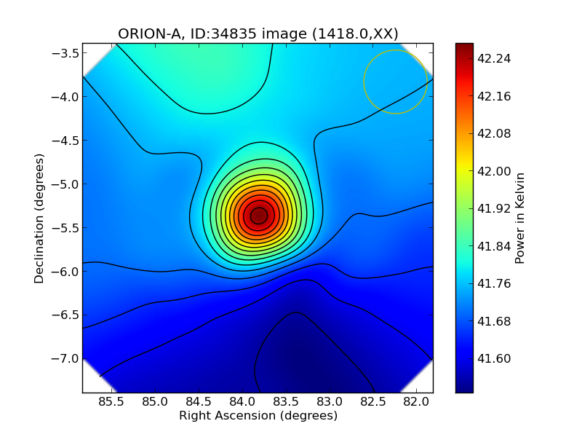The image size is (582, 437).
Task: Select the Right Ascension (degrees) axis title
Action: pos(258,416)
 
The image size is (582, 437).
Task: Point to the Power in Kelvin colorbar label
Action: pos(519,218)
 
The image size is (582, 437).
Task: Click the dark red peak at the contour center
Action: pos(258,216)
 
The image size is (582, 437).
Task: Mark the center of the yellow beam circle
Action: pos(395,82)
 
